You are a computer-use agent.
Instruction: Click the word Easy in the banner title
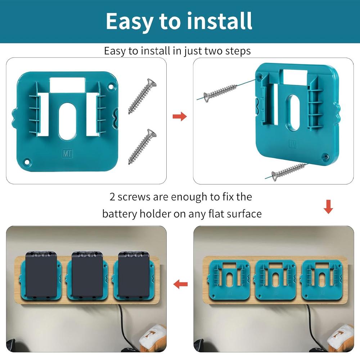130,22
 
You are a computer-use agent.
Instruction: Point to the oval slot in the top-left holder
67,122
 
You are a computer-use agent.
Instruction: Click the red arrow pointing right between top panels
180,117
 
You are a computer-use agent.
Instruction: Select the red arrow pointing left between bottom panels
180,284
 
